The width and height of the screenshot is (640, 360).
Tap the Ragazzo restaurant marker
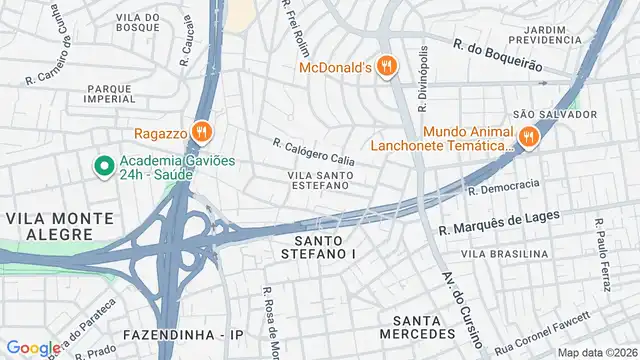tap(202, 132)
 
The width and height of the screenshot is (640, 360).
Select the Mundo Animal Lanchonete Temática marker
tap(527, 137)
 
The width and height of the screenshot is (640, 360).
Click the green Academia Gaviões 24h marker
tap(102, 166)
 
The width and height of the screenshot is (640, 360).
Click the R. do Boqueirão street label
tap(497, 55)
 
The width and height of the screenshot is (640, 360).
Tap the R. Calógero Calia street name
tap(313, 152)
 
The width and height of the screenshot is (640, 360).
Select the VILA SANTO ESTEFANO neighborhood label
tap(319, 182)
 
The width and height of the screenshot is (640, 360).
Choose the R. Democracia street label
tap(503, 187)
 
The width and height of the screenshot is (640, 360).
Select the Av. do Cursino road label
tap(458, 307)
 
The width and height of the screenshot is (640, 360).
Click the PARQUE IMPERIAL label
tap(110, 93)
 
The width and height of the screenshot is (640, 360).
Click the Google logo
tap(33, 347)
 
